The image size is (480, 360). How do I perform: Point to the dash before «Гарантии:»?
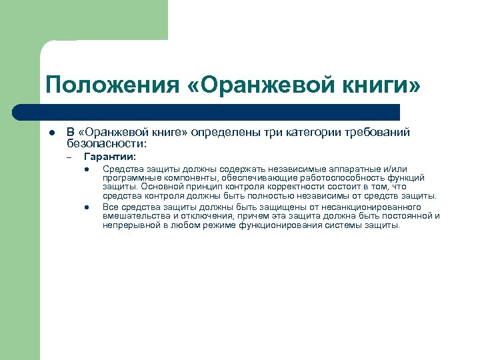pos(69,158)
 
